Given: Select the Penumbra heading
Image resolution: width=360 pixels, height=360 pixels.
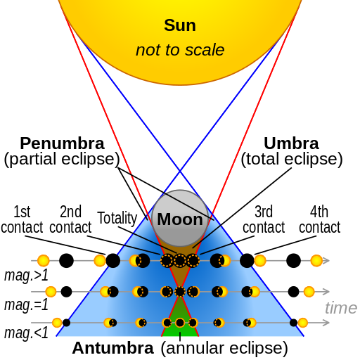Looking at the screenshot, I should click(x=62, y=143).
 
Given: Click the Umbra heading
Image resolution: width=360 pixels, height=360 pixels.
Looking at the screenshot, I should click(x=291, y=143).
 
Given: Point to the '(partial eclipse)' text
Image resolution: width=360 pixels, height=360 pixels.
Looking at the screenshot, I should click(x=62, y=160).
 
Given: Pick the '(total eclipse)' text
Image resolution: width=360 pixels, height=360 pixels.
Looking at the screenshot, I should click(x=292, y=160).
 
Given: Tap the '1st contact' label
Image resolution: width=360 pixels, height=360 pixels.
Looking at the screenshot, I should click(x=22, y=219).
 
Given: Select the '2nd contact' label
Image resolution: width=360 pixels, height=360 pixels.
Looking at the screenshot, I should click(x=70, y=219).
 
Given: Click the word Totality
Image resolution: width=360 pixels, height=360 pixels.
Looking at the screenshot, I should click(x=117, y=218).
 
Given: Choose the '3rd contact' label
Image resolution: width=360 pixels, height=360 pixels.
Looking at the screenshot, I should click(x=264, y=219).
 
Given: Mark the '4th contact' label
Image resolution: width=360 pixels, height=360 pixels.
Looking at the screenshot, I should click(x=319, y=219).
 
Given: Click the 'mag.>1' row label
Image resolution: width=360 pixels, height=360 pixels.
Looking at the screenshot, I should click(x=26, y=275).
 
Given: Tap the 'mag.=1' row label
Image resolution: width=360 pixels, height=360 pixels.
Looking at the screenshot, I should click(x=26, y=305).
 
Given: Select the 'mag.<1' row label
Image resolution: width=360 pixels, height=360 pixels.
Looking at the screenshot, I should click(x=26, y=333).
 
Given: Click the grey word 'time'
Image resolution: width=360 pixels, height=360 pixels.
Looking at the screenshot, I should click(x=341, y=308).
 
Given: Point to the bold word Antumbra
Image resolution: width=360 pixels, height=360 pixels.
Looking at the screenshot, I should click(x=112, y=348).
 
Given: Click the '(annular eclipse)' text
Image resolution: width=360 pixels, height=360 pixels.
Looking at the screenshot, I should click(x=224, y=348).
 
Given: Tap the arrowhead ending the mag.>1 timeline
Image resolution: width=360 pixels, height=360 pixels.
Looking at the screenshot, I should click(x=326, y=261).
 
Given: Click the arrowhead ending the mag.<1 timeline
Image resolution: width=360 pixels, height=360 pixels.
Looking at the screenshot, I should click(x=326, y=323).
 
